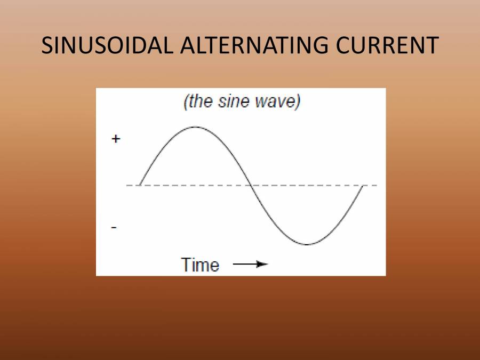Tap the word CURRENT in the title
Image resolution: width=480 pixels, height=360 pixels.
pyautogui.click(x=387, y=45)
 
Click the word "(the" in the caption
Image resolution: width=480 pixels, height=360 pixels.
pyautogui.click(x=198, y=101)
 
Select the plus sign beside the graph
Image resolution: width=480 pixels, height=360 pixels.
pyautogui.click(x=116, y=139)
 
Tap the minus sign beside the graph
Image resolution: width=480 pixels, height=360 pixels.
pyautogui.click(x=114, y=227)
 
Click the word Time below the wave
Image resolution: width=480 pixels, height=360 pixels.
pyautogui.click(x=200, y=265)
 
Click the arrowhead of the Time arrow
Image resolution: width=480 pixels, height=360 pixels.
pyautogui.click(x=262, y=264)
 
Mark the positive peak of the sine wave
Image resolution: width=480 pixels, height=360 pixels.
pyautogui.click(x=196, y=127)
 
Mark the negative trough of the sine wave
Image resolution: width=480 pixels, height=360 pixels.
pyautogui.click(x=307, y=244)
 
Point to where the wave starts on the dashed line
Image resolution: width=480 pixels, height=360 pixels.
pyautogui.click(x=140, y=185)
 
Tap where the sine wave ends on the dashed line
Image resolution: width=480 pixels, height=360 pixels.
pyautogui.click(x=363, y=186)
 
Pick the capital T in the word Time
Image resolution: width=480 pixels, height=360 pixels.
pyautogui.click(x=187, y=265)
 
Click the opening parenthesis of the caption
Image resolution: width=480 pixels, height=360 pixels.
pyautogui.click(x=185, y=102)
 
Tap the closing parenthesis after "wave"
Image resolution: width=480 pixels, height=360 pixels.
pyautogui.click(x=298, y=102)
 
